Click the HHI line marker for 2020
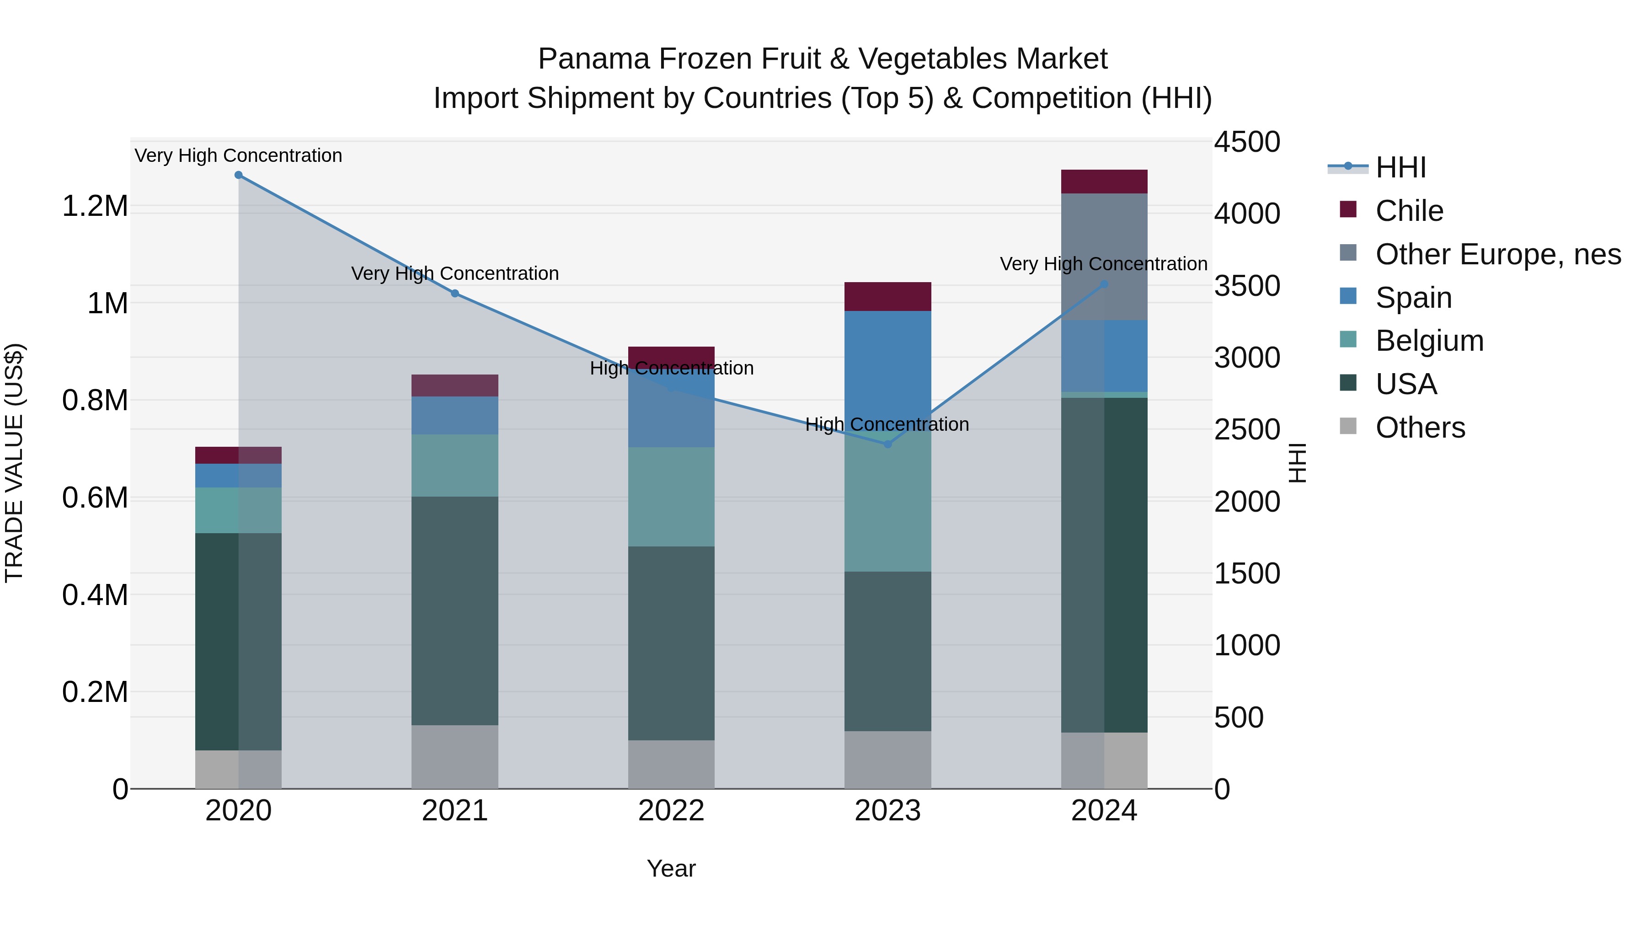(x=238, y=175)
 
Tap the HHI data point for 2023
(x=887, y=444)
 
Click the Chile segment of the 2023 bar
(x=887, y=296)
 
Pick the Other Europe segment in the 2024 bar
(x=1104, y=256)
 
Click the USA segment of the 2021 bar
(x=454, y=610)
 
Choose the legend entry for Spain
(x=1413, y=298)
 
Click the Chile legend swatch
(x=1348, y=209)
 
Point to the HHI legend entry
(x=1400, y=167)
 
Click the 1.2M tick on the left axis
(x=95, y=206)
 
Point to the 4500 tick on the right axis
(x=1247, y=142)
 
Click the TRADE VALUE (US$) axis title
(x=14, y=463)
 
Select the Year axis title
(x=671, y=868)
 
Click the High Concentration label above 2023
(x=887, y=424)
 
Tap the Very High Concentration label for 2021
(x=454, y=273)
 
